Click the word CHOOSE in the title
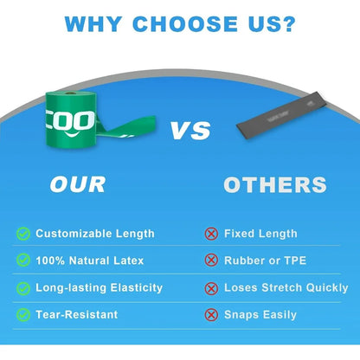click(x=185, y=23)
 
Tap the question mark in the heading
click(x=288, y=23)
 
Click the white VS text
click(x=190, y=131)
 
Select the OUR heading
click(x=78, y=184)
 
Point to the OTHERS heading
click(x=275, y=184)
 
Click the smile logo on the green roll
click(x=71, y=134)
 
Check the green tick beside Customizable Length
click(x=23, y=234)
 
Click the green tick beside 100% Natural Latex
click(x=23, y=260)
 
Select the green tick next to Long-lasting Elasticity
click(x=23, y=288)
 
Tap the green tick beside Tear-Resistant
click(x=23, y=315)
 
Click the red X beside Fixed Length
click(x=211, y=234)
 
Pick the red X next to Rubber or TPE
click(x=211, y=260)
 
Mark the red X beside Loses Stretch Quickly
click(x=211, y=288)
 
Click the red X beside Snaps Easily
click(x=211, y=315)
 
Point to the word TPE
click(x=295, y=260)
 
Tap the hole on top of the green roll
click(x=69, y=93)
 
